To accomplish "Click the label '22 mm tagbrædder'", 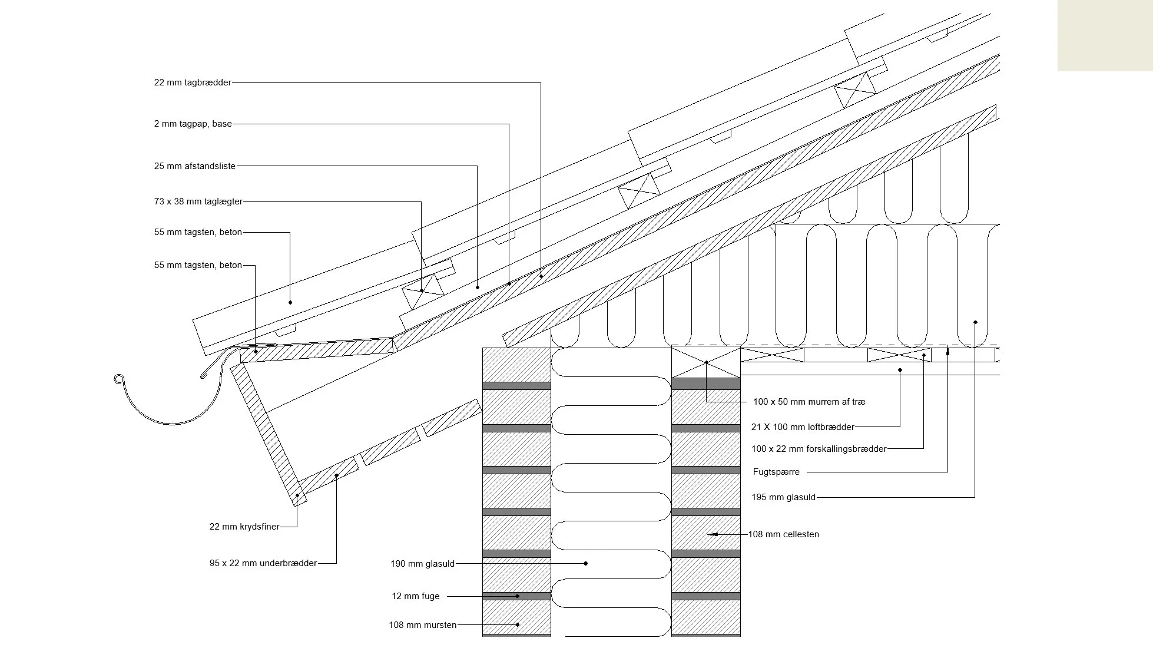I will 193,82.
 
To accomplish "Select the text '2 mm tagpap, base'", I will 193,124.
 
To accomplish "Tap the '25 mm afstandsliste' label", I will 194,166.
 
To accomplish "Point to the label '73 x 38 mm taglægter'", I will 198,201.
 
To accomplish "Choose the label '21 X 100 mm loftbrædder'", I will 802,427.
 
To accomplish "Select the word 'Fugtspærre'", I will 776,472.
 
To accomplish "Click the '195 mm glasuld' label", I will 783,497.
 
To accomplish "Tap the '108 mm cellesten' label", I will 783,534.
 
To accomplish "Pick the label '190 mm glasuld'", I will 422,564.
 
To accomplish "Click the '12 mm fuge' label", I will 415,596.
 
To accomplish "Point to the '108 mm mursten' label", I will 422,625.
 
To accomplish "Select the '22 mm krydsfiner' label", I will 244,527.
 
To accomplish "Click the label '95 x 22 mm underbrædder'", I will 263,563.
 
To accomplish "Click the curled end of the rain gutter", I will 118,379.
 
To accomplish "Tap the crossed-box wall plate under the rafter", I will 705,362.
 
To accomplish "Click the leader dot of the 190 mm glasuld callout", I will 585,564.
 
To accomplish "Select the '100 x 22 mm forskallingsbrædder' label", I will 819,449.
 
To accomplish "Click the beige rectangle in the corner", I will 1105,35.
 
